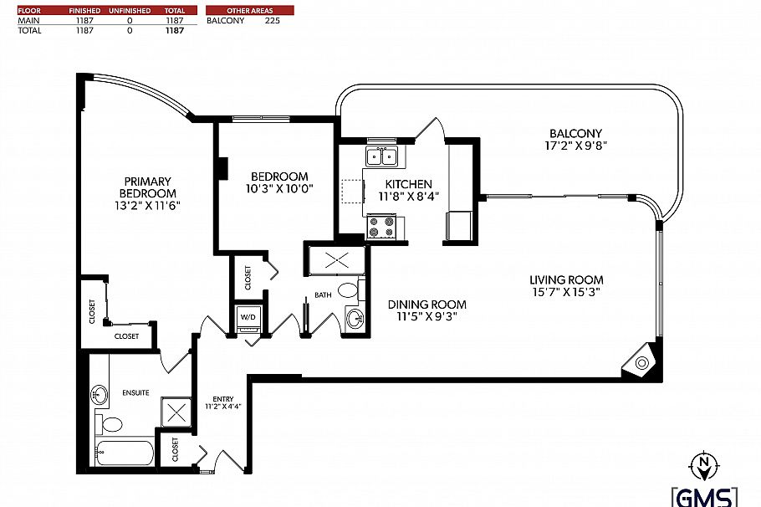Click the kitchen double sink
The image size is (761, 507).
(x=381, y=156)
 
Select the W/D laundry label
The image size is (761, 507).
(x=248, y=318)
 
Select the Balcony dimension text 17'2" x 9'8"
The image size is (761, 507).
(x=575, y=145)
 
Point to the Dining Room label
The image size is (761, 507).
(x=426, y=305)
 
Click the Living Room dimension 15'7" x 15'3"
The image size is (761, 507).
(x=566, y=292)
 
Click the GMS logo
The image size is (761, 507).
(x=704, y=495)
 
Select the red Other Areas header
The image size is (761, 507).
(x=249, y=10)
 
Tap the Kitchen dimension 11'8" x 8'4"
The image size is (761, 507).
(x=408, y=196)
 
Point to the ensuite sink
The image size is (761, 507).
(x=100, y=393)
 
